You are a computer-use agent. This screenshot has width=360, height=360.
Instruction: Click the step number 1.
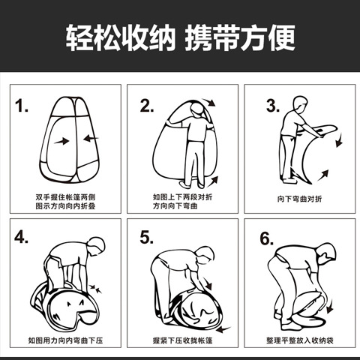point(21,106)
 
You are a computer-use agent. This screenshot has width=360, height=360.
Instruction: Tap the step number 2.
point(147,106)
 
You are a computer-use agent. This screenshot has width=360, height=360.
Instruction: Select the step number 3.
point(273,106)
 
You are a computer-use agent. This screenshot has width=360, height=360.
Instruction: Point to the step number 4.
point(21,237)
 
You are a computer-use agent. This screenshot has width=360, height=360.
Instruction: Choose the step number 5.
point(147,237)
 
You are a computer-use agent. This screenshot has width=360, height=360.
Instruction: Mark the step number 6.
point(266,238)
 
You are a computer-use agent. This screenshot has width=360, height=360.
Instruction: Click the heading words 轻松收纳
point(121,37)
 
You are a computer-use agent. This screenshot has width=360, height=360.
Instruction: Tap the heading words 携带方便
point(240,37)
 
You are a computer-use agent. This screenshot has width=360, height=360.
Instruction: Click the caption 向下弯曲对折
point(299,199)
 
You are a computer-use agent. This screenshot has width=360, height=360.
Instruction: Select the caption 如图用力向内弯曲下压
point(65,340)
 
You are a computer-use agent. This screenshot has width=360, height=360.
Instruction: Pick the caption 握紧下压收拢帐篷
point(182,340)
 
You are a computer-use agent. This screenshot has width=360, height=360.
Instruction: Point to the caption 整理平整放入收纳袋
point(300,340)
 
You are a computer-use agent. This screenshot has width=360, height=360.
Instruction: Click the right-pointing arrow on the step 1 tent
point(61,141)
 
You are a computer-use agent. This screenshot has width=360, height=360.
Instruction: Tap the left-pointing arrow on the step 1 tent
point(91,138)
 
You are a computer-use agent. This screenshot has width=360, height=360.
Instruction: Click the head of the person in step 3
point(300,104)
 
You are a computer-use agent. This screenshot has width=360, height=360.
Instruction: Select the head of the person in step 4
point(97,246)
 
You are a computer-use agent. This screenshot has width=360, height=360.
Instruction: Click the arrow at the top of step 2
point(208,103)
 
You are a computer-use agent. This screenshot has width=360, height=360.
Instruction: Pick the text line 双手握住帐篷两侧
point(65,197)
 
